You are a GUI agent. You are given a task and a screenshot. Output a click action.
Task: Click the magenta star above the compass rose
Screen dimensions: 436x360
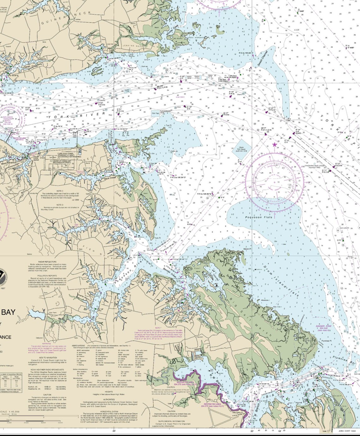274,145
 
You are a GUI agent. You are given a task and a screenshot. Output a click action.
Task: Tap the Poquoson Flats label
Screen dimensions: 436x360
258,217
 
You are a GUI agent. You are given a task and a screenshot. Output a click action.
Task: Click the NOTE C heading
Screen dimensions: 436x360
60,191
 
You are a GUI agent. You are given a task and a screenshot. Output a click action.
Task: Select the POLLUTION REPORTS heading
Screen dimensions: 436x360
47,276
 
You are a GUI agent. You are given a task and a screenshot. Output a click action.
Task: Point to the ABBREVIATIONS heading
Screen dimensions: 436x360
79,346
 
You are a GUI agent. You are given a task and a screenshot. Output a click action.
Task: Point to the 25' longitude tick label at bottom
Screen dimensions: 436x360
114,431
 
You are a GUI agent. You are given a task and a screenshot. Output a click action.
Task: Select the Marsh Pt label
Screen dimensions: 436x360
247,249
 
